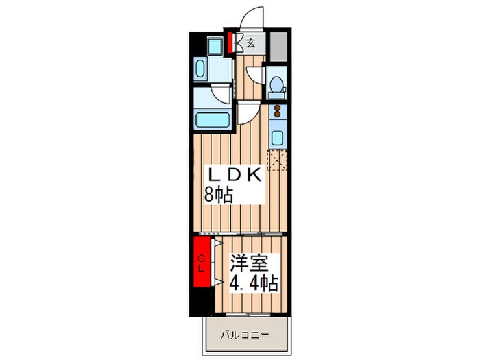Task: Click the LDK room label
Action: coord(232,175)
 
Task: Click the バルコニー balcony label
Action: coord(244,336)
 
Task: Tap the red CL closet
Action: coord(202,263)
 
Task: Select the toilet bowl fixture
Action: coord(276,85)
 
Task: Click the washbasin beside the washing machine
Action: coord(201,69)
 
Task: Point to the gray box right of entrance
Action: coord(277,45)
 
